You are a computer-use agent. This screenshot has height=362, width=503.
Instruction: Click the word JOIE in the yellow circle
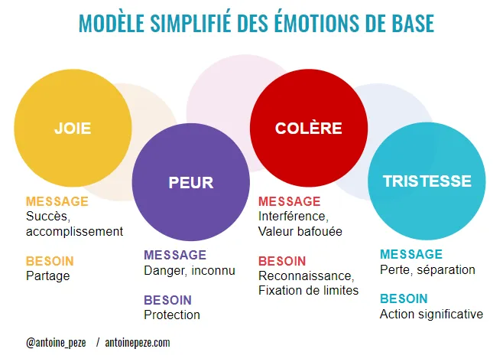tap(73, 129)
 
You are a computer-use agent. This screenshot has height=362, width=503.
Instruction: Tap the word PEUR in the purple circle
tap(190, 183)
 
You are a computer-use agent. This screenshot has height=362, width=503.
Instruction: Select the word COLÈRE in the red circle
tap(308, 129)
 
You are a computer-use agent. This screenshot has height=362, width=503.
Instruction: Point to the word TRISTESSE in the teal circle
tap(427, 181)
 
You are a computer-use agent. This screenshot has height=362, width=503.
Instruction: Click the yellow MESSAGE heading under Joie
tap(57, 201)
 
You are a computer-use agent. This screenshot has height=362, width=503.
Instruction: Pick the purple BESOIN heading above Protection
tap(167, 300)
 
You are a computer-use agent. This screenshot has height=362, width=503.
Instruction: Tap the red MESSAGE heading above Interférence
tap(289, 201)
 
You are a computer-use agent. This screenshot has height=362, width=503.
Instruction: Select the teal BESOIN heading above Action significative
tap(404, 298)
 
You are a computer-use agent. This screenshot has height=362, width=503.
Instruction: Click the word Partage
tap(47, 276)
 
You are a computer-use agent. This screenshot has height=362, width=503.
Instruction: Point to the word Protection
tap(172, 315)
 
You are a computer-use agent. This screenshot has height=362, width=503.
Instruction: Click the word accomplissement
tap(74, 230)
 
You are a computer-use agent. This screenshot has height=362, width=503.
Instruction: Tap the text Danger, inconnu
tap(190, 269)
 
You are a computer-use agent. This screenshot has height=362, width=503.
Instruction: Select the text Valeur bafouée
tap(300, 230)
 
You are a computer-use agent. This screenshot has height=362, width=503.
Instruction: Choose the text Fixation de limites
tap(308, 290)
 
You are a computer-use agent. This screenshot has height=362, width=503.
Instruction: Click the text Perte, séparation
tap(427, 269)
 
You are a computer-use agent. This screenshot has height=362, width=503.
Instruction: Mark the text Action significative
tap(431, 314)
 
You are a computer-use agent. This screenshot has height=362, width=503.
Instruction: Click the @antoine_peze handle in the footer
tap(57, 343)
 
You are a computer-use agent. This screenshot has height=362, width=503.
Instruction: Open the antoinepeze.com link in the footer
tap(138, 343)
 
